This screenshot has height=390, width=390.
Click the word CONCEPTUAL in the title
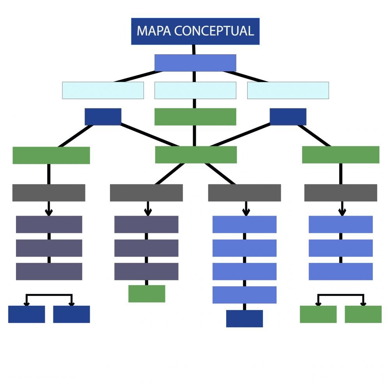click(214, 31)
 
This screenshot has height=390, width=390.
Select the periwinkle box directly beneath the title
click(195, 63)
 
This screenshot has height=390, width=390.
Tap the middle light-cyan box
click(195, 90)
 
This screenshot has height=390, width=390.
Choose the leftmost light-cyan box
click(103, 90)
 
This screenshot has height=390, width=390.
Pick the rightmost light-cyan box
click(288, 90)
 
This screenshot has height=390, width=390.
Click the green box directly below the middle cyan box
click(195, 117)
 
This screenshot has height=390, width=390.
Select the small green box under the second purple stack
click(147, 294)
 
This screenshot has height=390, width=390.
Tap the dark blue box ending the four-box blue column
click(245, 318)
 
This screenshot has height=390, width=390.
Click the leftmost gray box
click(49, 193)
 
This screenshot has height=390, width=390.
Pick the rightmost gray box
click(340, 193)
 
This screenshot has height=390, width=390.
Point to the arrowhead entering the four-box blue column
click(246, 213)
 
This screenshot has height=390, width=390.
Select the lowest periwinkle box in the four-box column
click(245, 295)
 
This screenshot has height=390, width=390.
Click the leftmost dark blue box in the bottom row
click(27, 314)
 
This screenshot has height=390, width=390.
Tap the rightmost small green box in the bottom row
click(363, 314)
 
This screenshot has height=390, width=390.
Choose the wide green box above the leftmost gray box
click(51, 155)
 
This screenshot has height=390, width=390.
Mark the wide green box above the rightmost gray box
click(340, 155)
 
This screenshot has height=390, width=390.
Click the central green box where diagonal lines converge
click(196, 155)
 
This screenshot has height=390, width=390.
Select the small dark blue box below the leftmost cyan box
click(103, 117)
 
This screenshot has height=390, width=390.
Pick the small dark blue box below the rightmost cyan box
click(288, 117)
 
